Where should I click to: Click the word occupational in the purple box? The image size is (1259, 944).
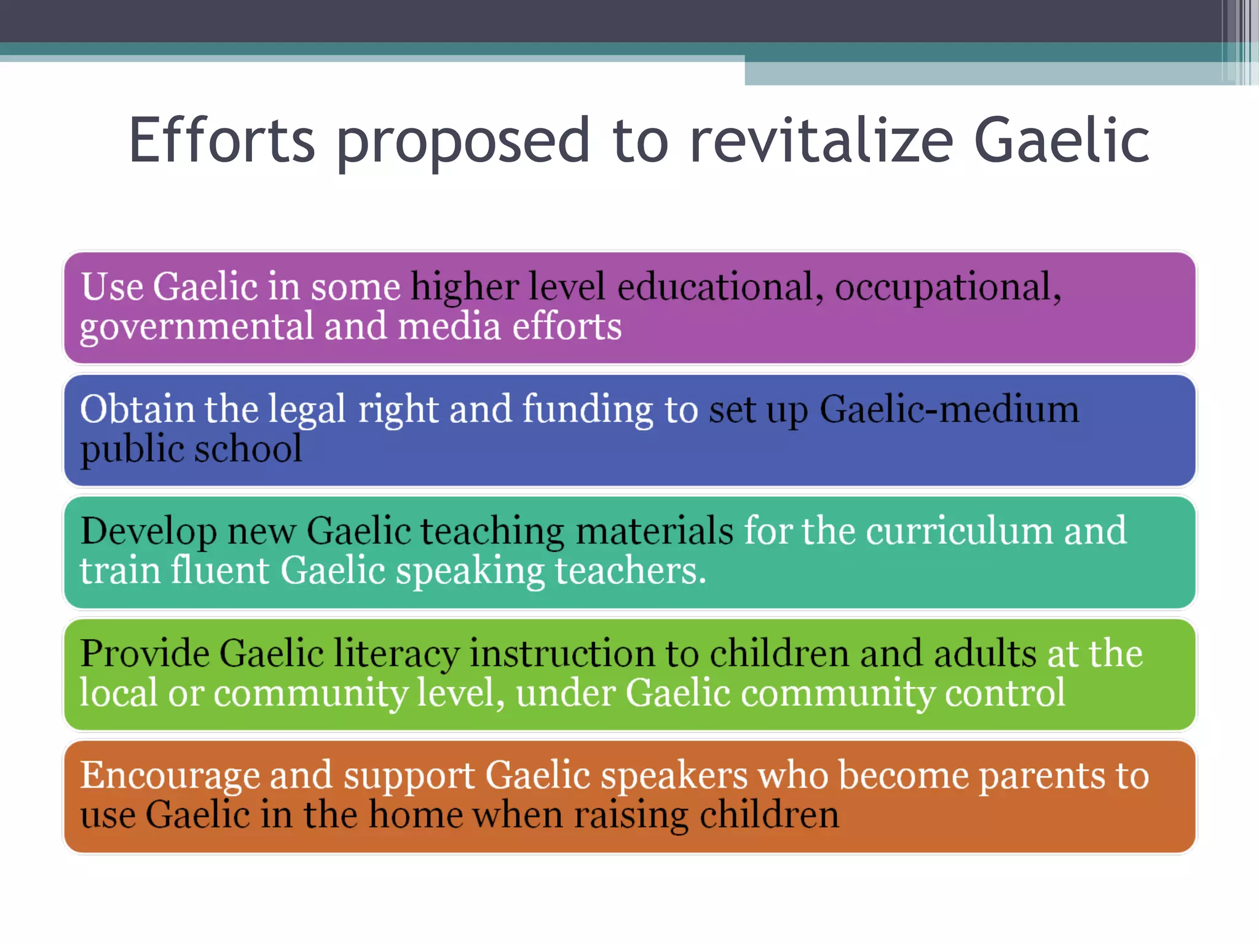947,288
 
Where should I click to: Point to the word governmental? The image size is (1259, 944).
196,327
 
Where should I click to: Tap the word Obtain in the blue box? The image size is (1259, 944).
137,409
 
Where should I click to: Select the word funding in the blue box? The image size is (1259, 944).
587,411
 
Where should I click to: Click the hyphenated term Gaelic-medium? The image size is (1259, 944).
949,409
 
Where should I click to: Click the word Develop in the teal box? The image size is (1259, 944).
148,532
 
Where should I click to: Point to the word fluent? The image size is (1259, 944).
220,570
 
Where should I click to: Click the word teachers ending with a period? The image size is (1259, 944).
630,570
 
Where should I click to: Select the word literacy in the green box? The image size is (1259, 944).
396,653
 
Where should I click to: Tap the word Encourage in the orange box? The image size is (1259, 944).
170,776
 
